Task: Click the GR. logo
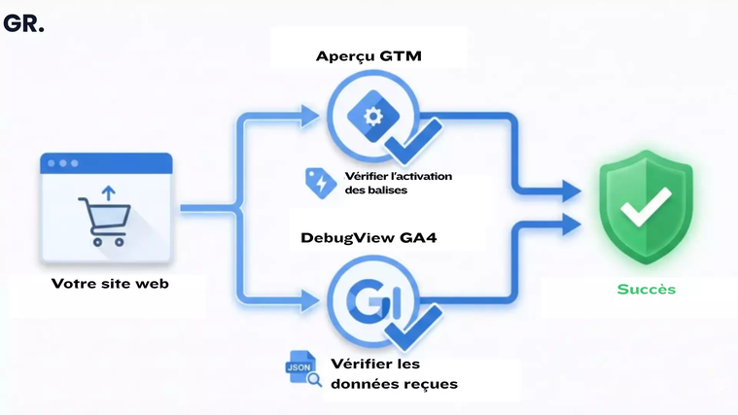coord(23,23)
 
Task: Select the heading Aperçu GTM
coord(369,55)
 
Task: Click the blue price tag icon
coord(320,182)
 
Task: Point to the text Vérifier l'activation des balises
coord(397,183)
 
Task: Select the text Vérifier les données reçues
coord(393,373)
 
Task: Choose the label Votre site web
coord(110,284)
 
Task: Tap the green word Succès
coord(646,289)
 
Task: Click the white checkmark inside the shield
coord(646,203)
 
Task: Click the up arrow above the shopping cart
coord(107,193)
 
